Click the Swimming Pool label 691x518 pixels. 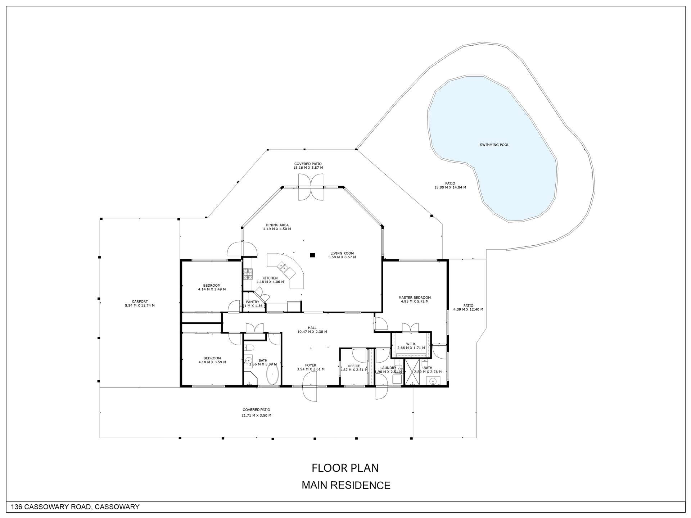coord(494,145)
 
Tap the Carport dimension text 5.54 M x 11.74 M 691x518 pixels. coord(140,306)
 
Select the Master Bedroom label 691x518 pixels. coord(414,297)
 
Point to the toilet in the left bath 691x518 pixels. coord(249,348)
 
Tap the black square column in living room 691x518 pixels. coord(312,255)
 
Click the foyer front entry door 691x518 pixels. coord(310,387)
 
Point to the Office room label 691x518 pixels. coord(354,366)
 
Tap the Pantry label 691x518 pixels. coord(252,302)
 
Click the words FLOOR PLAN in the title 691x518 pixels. coord(345,468)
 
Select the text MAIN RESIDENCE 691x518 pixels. coord(345,485)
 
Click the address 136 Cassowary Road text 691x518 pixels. coord(75,507)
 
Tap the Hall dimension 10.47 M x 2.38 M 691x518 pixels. coord(312,332)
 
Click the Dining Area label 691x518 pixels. coord(277,225)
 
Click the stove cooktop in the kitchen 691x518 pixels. coord(248,274)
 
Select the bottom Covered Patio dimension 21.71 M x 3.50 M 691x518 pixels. coord(256,415)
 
